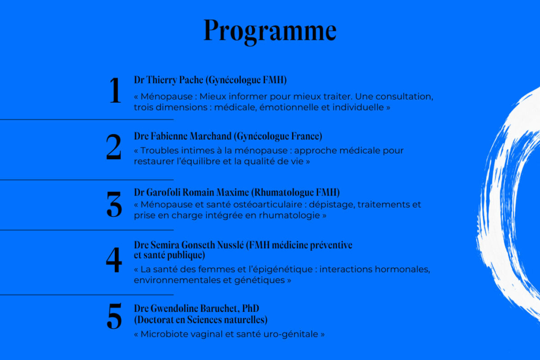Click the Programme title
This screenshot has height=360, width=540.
click(x=270, y=31)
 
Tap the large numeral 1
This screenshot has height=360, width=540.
click(x=115, y=90)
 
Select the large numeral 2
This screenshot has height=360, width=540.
click(x=114, y=147)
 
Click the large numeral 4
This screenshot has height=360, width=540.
click(x=114, y=260)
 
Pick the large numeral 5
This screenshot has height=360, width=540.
click(x=114, y=315)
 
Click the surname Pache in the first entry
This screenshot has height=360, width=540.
click(x=191, y=80)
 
